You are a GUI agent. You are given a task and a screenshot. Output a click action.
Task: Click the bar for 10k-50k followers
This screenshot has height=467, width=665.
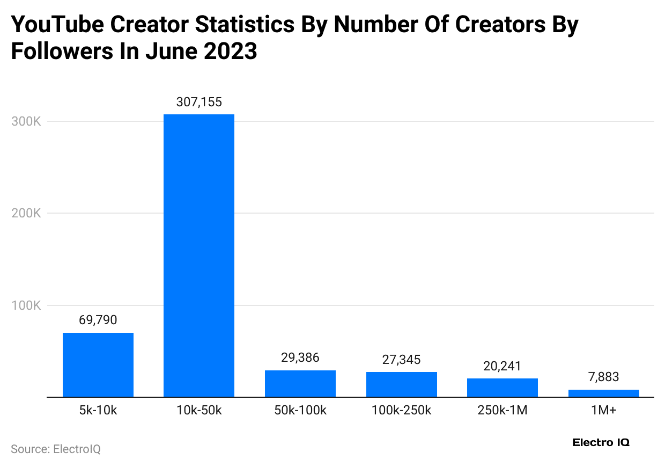(199, 256)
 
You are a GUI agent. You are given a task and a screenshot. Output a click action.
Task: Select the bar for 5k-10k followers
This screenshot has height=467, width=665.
(98, 365)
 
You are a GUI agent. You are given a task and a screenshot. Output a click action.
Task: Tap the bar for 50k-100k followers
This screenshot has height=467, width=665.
(300, 384)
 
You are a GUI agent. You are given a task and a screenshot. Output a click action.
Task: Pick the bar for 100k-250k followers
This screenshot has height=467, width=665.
(402, 384)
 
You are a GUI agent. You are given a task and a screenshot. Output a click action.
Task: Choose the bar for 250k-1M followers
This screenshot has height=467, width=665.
(503, 388)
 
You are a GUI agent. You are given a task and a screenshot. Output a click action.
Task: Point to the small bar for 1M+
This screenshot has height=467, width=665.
(604, 393)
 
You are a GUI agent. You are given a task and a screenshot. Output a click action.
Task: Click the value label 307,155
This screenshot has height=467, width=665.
(199, 102)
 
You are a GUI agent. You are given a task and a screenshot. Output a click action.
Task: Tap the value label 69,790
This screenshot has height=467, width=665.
(98, 320)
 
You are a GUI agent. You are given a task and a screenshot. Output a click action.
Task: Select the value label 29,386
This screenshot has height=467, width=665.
(300, 358)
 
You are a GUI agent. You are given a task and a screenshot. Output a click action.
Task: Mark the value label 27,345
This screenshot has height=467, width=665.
(402, 360)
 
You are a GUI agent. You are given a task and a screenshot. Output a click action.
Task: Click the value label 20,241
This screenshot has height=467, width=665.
(503, 366)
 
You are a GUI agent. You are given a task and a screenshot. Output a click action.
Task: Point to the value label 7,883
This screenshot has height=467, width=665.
(604, 377)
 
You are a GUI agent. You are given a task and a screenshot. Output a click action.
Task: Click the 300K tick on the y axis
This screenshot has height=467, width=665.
(26, 121)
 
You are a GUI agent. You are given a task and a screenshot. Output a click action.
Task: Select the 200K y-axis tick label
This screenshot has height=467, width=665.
(26, 213)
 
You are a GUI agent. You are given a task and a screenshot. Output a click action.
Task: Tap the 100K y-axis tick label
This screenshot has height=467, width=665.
(26, 305)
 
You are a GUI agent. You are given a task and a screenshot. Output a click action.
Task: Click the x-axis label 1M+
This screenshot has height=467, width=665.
(604, 411)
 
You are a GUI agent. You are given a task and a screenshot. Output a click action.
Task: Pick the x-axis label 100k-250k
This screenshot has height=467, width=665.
(402, 411)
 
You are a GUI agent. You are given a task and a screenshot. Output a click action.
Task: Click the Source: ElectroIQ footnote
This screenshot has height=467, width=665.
(56, 449)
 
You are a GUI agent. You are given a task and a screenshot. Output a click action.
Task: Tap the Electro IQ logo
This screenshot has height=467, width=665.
(601, 443)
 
